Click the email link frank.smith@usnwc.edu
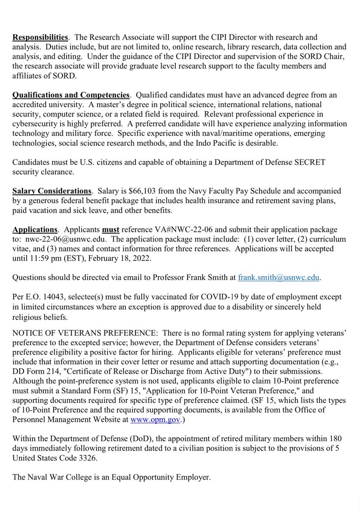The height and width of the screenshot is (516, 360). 279,278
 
